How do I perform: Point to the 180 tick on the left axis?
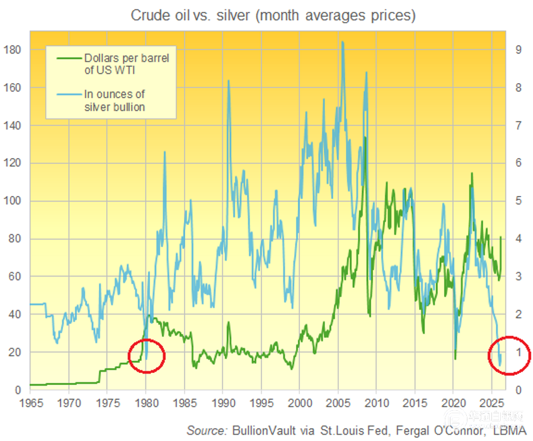pos(14,50)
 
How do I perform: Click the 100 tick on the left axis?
pos(14,201)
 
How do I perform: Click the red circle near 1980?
pos(146,356)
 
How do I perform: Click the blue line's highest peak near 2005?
pos(342,43)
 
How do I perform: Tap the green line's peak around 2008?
pos(365,137)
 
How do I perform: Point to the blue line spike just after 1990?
pos(228,81)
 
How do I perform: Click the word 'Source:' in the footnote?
pos(206,430)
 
